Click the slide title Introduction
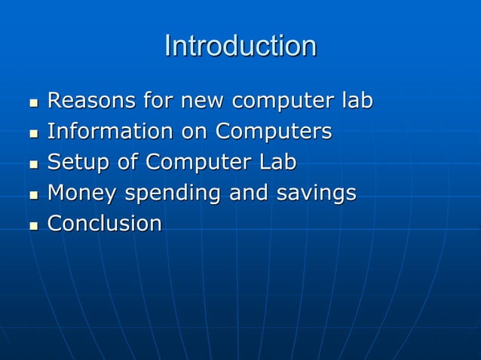tap(240, 46)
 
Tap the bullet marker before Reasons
tap(32, 102)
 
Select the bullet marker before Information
tap(32, 133)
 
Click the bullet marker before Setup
tap(32, 163)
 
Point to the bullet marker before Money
tap(32, 194)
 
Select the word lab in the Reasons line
tap(356, 100)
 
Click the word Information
tap(110, 131)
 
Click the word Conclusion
tap(105, 224)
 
